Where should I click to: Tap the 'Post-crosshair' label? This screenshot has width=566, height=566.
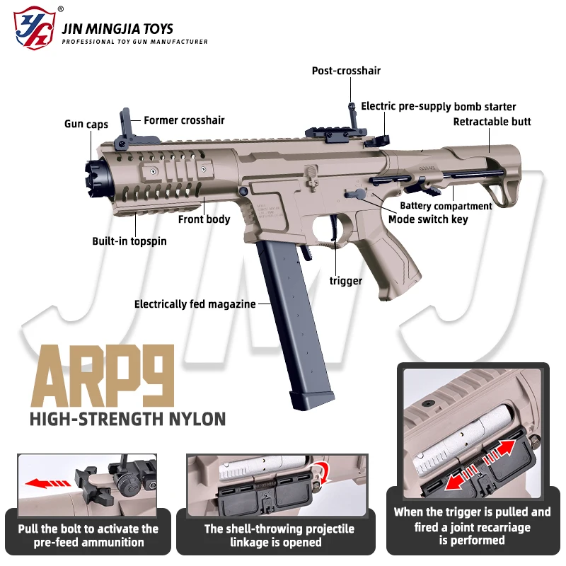pyautogui.click(x=346, y=71)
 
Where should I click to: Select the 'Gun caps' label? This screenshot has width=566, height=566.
pyautogui.click(x=86, y=125)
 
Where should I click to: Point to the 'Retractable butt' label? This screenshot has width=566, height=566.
pyautogui.click(x=492, y=122)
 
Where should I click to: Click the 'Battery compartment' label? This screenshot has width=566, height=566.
pyautogui.click(x=446, y=206)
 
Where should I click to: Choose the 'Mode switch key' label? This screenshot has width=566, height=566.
pyautogui.click(x=428, y=219)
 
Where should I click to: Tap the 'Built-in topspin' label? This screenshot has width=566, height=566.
pyautogui.click(x=129, y=241)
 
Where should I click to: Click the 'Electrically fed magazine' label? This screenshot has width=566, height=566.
pyautogui.click(x=195, y=304)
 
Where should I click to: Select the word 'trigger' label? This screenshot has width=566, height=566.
pyautogui.click(x=346, y=281)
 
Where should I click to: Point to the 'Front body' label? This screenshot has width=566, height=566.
pyautogui.click(x=204, y=219)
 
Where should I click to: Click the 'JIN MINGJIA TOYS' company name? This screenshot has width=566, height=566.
pyautogui.click(x=117, y=29)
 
